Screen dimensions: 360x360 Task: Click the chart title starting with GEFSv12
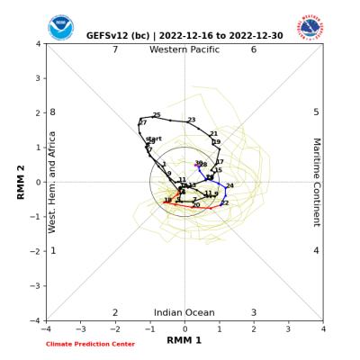click(184, 36)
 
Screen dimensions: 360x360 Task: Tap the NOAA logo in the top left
click(61, 27)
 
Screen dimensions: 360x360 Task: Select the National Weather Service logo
click(310, 26)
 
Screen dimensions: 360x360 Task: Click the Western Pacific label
click(184, 49)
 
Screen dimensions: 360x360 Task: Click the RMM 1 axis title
click(184, 340)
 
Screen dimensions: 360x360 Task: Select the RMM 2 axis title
click(21, 182)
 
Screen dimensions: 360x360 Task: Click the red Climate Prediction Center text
click(90, 344)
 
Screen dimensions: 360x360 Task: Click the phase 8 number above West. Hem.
click(52, 112)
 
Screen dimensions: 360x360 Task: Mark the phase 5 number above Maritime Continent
click(316, 112)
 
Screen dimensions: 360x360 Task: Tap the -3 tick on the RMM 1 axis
click(81, 328)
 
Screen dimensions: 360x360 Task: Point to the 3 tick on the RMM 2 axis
click(38, 78)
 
